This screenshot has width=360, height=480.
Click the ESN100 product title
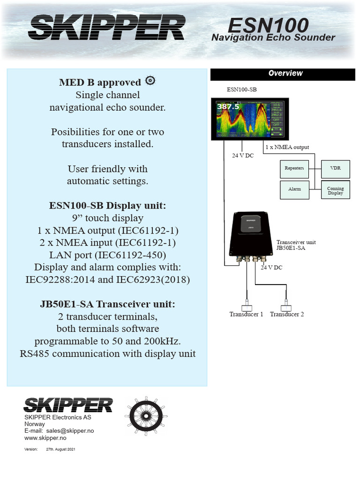(268, 24)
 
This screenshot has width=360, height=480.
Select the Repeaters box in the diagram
(294, 168)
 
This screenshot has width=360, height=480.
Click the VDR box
(335, 168)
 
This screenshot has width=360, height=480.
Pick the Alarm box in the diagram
(294, 189)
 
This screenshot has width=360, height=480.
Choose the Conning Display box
(335, 190)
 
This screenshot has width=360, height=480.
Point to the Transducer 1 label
(246, 314)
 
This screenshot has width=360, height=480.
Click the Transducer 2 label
(287, 314)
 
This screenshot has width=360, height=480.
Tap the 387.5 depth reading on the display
(227, 107)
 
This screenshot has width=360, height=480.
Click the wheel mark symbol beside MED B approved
(150, 80)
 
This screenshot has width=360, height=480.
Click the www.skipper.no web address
(45, 438)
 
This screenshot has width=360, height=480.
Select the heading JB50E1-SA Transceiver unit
(108, 304)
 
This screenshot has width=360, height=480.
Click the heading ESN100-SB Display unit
(108, 206)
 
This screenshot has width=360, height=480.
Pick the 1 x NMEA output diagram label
(287, 147)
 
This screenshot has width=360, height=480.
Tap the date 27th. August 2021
(60, 450)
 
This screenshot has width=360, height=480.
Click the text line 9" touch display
(108, 218)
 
